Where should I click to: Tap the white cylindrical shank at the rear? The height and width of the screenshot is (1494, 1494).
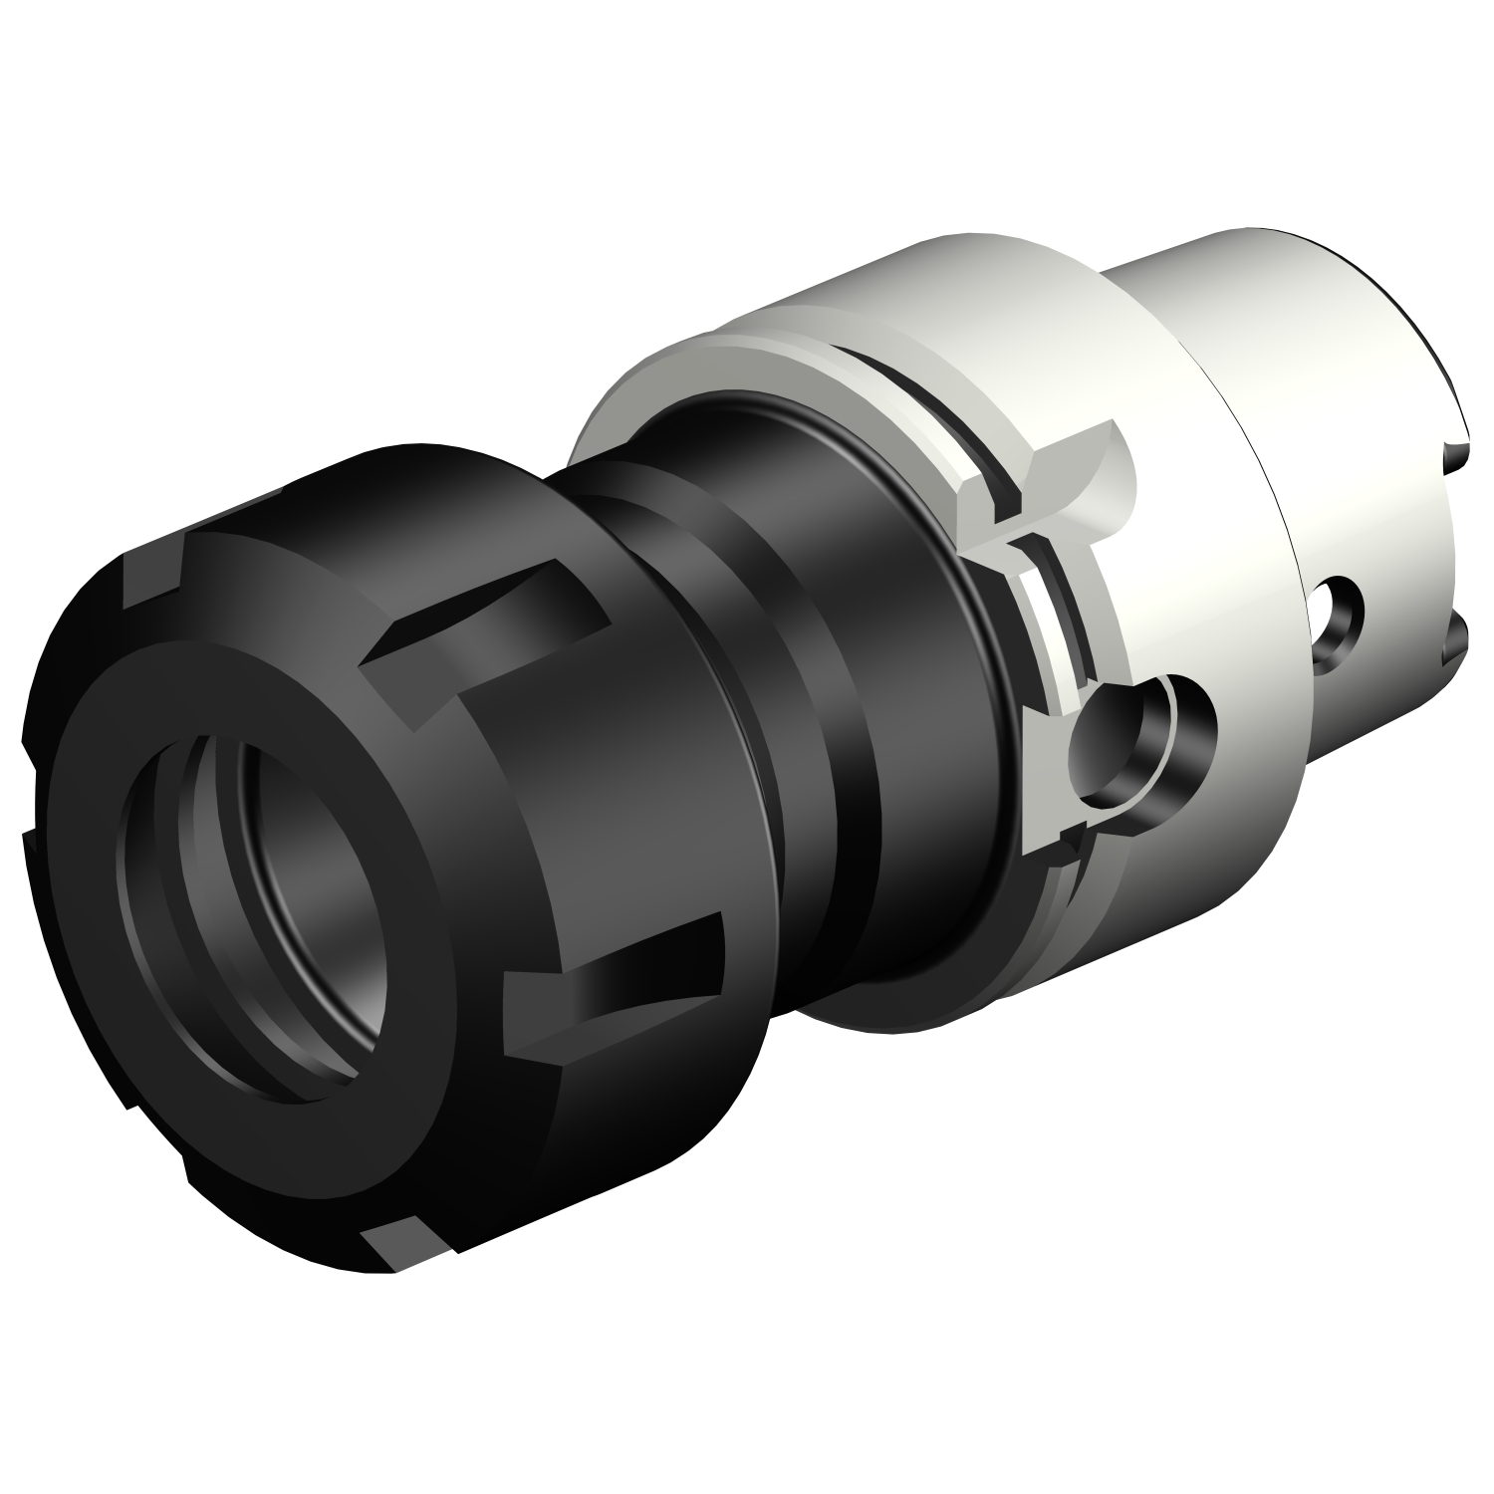pos(1275,329)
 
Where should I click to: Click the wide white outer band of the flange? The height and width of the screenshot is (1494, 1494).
pos(1195,498)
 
